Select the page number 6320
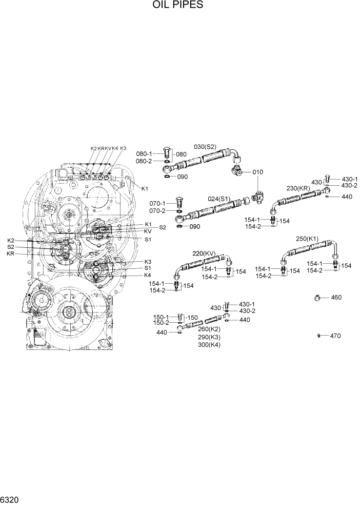[x=10, y=499]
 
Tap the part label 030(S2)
[x=205, y=147]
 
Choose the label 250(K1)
[x=307, y=239]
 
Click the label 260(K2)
[x=209, y=329]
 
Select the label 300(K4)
[x=209, y=345]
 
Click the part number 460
[x=336, y=298]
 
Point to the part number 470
[x=335, y=336]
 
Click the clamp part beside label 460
[x=318, y=297]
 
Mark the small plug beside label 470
[x=319, y=336]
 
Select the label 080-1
[x=144, y=153]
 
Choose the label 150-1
[x=162, y=317]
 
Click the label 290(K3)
[x=209, y=337]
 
